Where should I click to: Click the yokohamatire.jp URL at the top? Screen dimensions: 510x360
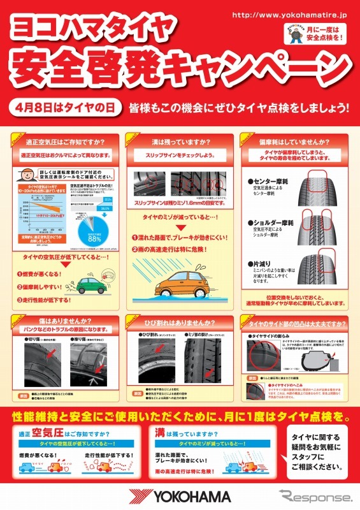pyautogui.click(x=290, y=14)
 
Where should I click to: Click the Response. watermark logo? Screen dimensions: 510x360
pyautogui.click(x=315, y=497)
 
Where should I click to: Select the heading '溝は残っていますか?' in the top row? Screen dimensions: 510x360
pyautogui.click(x=180, y=142)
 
